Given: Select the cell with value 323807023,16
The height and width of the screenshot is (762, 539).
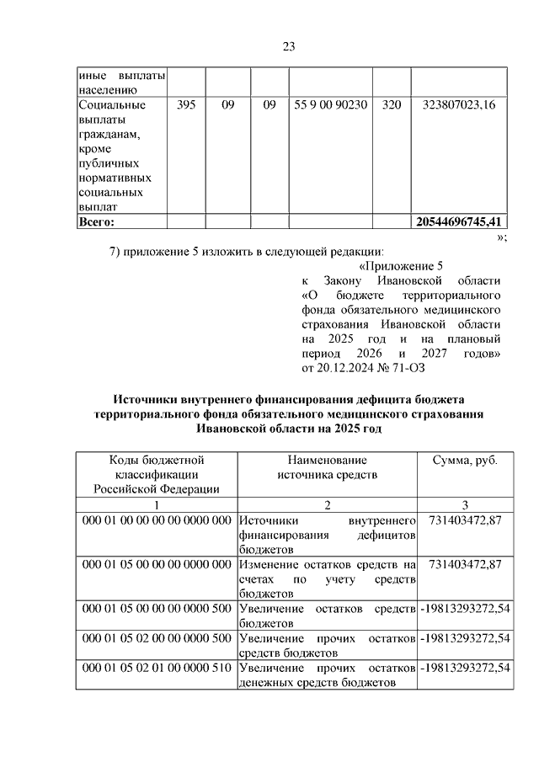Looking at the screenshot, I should (x=459, y=106).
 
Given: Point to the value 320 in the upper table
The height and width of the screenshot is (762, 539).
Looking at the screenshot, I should (x=391, y=106).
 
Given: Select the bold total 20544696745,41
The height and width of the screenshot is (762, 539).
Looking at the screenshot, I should (x=459, y=222).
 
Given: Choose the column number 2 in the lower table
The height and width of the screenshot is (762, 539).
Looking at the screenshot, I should (x=328, y=504).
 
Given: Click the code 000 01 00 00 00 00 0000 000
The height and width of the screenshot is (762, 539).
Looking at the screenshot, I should (x=157, y=520).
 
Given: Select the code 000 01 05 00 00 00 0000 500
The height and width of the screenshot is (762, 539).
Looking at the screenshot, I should (x=157, y=608).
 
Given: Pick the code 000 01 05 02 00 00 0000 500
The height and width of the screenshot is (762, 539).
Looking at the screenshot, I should (x=157, y=637).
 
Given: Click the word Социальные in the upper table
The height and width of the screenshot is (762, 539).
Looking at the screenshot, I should (x=111, y=106).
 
